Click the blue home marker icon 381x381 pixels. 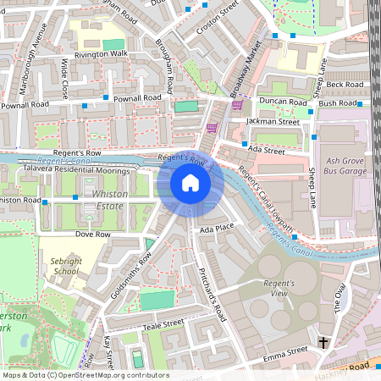190,183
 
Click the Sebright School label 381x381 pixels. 66,267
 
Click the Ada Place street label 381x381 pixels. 217,229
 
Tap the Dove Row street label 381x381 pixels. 94,234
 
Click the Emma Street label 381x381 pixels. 285,350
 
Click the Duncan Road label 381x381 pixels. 284,102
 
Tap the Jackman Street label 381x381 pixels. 273,122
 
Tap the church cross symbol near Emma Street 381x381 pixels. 323,342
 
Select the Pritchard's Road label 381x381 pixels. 211,293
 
